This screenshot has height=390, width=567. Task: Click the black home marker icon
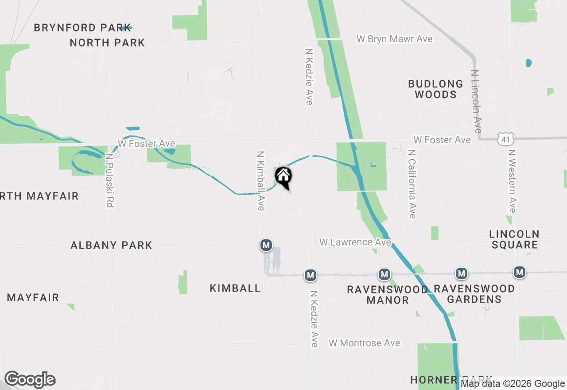pos(283,176)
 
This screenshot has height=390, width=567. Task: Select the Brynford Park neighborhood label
pos(82,27)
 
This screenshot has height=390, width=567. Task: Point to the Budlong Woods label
pos(435,89)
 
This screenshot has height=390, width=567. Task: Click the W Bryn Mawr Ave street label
pos(394,39)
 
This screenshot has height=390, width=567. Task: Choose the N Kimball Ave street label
pos(260,181)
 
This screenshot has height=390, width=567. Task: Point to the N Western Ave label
pos(512,181)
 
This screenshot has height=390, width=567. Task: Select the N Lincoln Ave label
pos(476,101)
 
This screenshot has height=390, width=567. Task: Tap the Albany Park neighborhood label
pos(111,245)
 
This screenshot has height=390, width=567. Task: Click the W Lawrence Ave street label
pos(355,242)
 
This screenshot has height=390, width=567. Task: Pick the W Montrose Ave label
pos(364,343)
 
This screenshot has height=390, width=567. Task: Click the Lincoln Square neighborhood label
pos(514,239)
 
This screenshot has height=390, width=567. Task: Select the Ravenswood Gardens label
pos(474,294)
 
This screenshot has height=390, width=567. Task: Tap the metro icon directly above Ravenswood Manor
pos(384,274)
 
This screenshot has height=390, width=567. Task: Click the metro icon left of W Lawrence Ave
pos(266,245)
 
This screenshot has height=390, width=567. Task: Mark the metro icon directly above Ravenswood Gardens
pos(462,274)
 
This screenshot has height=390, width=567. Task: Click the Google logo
pos(30,380)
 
